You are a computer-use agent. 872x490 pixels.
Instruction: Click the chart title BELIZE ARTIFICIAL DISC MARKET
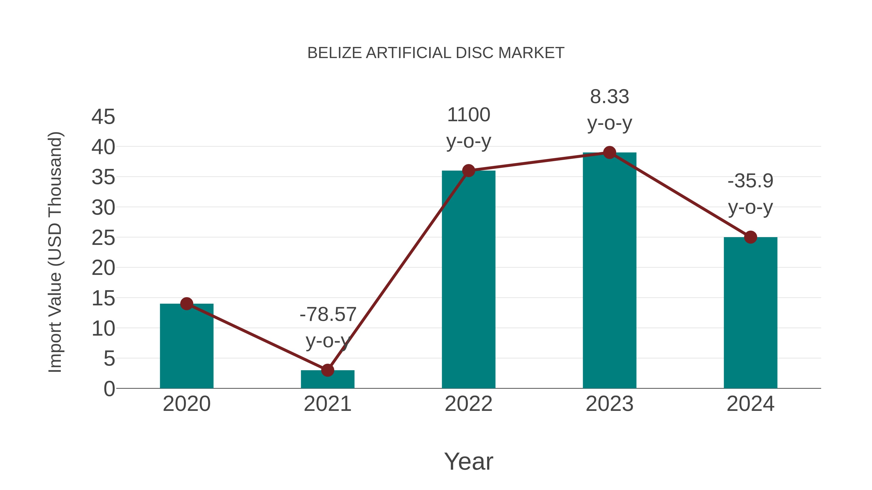tap(436, 53)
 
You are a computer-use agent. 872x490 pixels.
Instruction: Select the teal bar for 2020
tap(187, 348)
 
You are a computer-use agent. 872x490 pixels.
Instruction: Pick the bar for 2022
tap(468, 281)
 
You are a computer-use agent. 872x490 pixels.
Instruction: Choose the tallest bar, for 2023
tap(609, 271)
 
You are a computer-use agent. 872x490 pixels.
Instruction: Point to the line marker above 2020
tap(187, 304)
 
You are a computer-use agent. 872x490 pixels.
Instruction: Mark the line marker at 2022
tap(468, 171)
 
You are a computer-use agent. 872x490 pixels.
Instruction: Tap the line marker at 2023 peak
tap(609, 152)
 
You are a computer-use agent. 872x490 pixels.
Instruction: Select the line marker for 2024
tap(750, 237)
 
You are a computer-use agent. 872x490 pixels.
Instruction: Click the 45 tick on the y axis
tap(103, 117)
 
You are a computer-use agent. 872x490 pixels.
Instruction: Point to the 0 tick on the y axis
tap(109, 389)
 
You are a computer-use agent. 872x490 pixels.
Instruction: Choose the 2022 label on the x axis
tap(468, 404)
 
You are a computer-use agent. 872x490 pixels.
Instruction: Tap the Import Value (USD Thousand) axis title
tap(55, 252)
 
